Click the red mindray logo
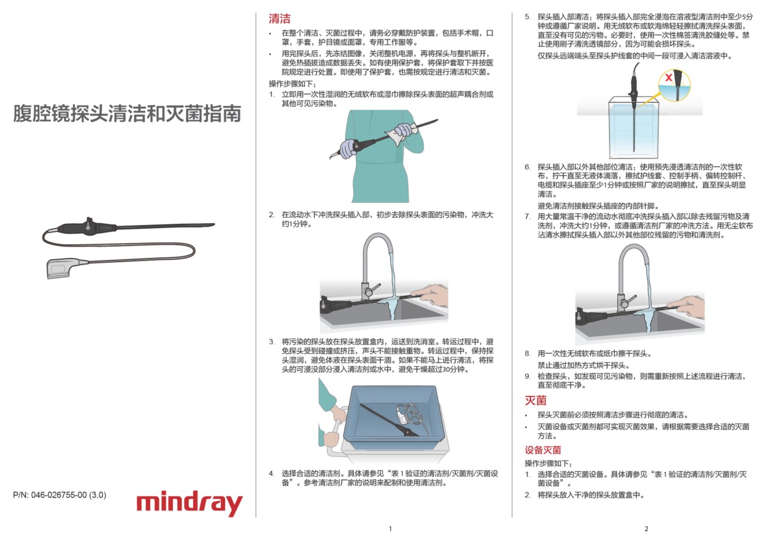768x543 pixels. click(x=190, y=503)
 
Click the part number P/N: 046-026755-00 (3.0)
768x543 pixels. click(x=59, y=495)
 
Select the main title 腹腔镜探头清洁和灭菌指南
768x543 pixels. click(x=127, y=113)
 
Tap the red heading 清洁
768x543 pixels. click(x=280, y=19)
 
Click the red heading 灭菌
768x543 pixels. click(x=536, y=400)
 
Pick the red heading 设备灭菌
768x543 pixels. click(x=543, y=450)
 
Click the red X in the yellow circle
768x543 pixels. click(x=668, y=77)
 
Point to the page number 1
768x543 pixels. click(x=390, y=529)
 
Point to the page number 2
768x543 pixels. click(x=646, y=529)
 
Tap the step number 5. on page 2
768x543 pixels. click(x=527, y=17)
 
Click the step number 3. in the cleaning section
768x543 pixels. click(x=272, y=342)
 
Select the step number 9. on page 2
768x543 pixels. click(x=527, y=376)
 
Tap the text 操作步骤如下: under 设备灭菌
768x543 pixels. click(x=548, y=463)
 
